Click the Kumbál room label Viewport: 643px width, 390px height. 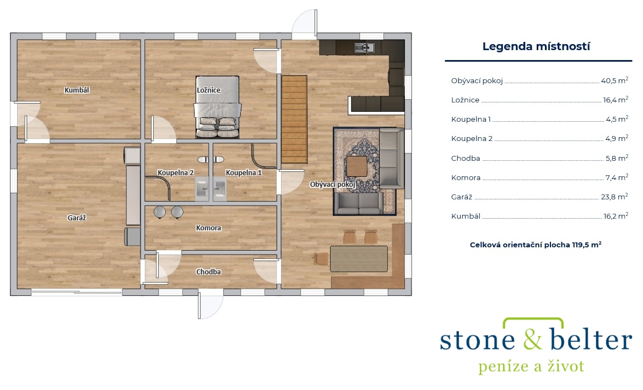pos(77,90)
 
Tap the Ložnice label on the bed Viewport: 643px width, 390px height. pos(208,90)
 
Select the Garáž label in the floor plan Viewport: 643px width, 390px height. pos(77,218)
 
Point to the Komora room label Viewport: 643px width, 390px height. pos(208,227)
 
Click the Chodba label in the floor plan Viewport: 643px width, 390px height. pos(208,272)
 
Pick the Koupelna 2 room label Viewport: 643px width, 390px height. pos(176,172)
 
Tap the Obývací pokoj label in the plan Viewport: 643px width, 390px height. pos(333,185)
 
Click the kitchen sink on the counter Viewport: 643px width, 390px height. pos(365,48)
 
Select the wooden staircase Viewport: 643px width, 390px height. pos(294,119)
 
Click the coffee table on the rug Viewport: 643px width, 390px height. pos(357,166)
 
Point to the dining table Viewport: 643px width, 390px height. pos(359,259)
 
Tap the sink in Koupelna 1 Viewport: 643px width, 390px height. pos(219,189)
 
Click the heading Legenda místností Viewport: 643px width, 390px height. pos(536,46)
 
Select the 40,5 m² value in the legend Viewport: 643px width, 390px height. pos(614,80)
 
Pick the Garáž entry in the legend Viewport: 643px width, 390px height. pos(462,197)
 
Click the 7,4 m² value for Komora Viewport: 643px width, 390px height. pos(617,177)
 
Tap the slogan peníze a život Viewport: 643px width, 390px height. pos(531,366)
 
